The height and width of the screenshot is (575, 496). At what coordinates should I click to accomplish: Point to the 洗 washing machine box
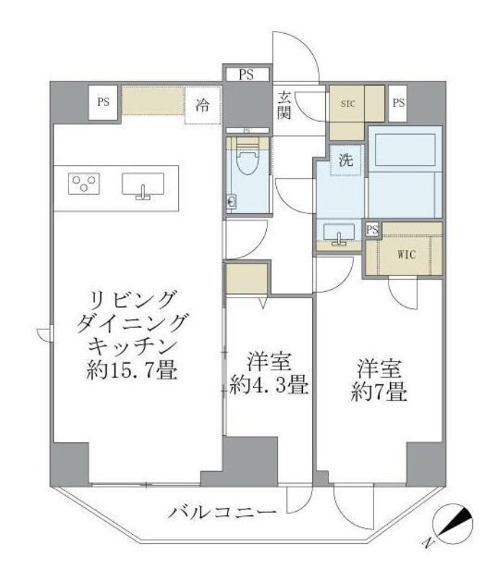346,161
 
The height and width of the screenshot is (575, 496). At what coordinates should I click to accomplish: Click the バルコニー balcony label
223,513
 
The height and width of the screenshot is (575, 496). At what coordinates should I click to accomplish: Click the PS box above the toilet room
247,73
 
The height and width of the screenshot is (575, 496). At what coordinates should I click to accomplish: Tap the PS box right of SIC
399,102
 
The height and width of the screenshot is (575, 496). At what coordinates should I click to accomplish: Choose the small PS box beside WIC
372,230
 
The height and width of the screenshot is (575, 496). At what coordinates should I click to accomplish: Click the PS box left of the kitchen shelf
104,102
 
